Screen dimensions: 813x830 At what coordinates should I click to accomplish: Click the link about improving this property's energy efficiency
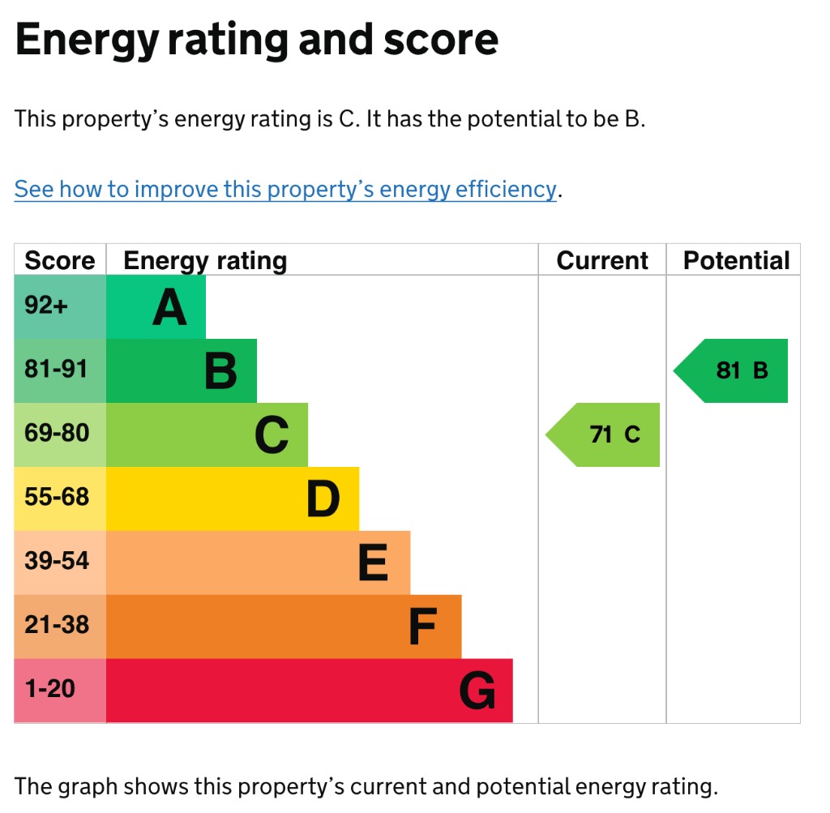[285, 190]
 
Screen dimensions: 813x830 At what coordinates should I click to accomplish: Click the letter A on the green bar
[169, 308]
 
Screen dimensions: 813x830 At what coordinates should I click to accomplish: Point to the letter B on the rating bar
[220, 372]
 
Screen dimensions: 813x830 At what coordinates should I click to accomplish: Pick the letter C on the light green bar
[272, 436]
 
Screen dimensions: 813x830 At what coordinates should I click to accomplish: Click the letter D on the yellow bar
[323, 499]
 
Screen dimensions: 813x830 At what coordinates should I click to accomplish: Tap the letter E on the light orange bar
[373, 563]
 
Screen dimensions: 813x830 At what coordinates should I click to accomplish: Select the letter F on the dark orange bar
[423, 627]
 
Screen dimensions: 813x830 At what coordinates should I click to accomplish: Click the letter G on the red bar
[477, 691]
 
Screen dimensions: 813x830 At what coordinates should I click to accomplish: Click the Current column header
[602, 260]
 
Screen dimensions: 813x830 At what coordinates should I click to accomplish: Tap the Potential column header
[736, 260]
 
